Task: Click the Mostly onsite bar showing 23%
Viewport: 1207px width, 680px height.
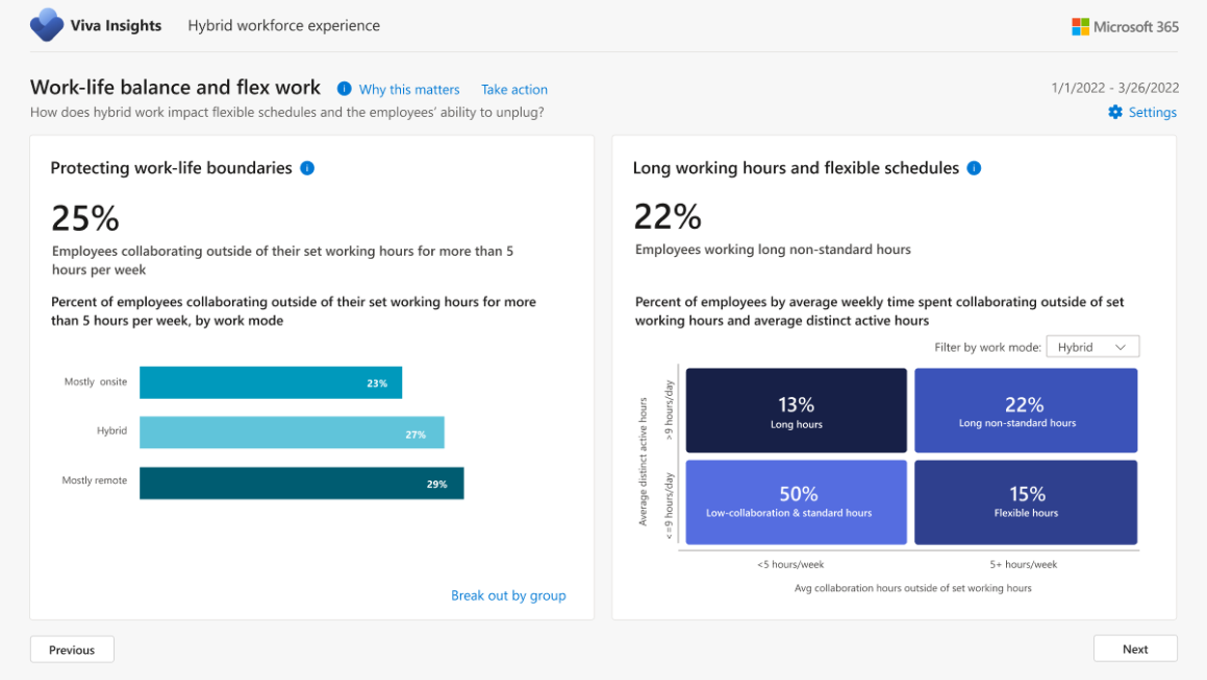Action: [271, 382]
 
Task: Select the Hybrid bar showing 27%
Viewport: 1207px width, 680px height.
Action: [291, 433]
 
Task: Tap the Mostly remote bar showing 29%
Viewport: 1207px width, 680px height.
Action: [302, 483]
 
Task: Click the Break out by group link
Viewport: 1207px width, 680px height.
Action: [508, 595]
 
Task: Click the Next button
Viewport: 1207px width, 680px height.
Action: [1135, 649]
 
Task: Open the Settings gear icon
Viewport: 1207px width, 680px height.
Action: [1115, 112]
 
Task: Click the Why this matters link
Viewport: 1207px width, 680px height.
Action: [409, 89]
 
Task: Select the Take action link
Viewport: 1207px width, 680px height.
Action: [514, 89]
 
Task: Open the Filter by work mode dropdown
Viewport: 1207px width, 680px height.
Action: [1092, 347]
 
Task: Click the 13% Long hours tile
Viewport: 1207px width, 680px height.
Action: [796, 411]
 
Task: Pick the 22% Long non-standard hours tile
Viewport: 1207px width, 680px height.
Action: [1025, 411]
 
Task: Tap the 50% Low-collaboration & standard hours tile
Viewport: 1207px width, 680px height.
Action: [796, 502]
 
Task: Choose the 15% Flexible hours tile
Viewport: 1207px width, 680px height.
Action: [1025, 502]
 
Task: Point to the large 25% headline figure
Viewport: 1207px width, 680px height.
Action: [85, 218]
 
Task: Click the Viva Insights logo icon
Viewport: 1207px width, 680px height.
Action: [46, 25]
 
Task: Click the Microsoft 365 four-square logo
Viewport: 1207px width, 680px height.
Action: [1080, 27]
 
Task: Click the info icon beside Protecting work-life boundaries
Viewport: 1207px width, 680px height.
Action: [307, 168]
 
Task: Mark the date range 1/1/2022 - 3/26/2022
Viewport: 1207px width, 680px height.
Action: [1114, 87]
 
